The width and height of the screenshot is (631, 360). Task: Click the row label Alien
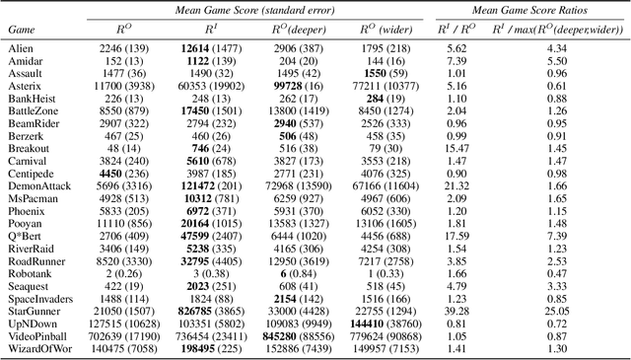(x=20, y=46)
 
